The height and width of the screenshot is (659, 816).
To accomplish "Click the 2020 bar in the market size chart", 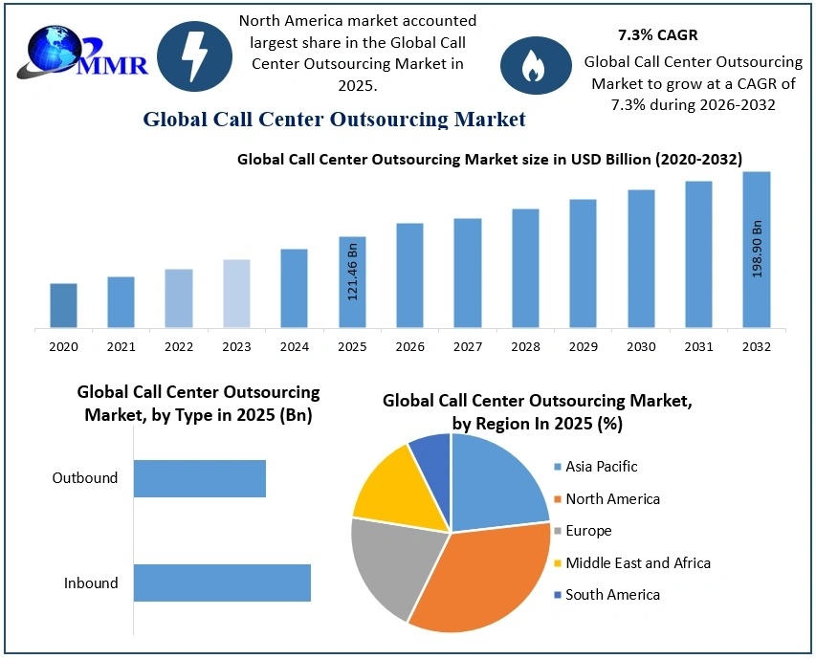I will pyautogui.click(x=63, y=305).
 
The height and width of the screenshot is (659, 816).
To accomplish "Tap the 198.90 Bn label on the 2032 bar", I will pyautogui.click(x=757, y=249).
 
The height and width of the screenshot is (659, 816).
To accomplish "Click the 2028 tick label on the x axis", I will pyautogui.click(x=525, y=346).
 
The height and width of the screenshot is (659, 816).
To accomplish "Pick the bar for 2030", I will pyautogui.click(x=641, y=258).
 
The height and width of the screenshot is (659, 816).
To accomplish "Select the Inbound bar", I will pyautogui.click(x=222, y=582).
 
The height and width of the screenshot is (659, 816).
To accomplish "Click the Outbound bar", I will pyautogui.click(x=199, y=478).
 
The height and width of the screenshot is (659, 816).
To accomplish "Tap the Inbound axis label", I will pyautogui.click(x=91, y=583).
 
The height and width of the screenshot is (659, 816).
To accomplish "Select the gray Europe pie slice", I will pyautogui.click(x=387, y=564).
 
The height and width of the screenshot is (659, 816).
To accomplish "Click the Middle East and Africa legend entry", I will pyautogui.click(x=630, y=562).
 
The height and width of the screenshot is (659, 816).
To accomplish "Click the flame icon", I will pyautogui.click(x=530, y=65).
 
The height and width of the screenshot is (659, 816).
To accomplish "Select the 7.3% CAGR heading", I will pyautogui.click(x=657, y=35).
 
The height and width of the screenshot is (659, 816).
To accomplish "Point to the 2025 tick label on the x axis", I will pyautogui.click(x=352, y=346).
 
